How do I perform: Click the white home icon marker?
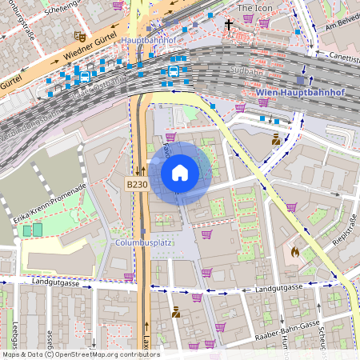[x=180, y=172]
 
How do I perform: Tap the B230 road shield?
[x=136, y=185]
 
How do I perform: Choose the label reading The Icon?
[x=255, y=7]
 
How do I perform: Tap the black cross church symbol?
[x=228, y=25]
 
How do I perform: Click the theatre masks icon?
[x=78, y=36]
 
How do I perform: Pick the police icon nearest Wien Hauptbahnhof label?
[x=276, y=139]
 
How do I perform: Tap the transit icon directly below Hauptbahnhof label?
[x=173, y=71]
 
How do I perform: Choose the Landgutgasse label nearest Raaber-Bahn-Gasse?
[x=279, y=287]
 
